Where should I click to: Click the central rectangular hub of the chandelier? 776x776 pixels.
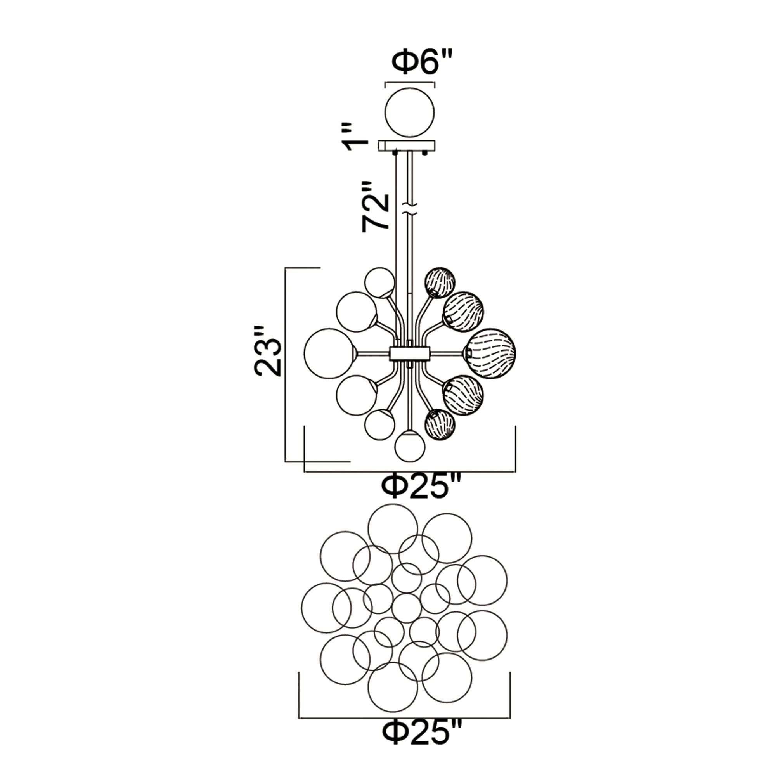(x=409, y=353)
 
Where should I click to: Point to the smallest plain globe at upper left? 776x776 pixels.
(x=379, y=282)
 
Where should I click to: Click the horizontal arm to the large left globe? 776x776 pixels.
(x=373, y=353)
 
